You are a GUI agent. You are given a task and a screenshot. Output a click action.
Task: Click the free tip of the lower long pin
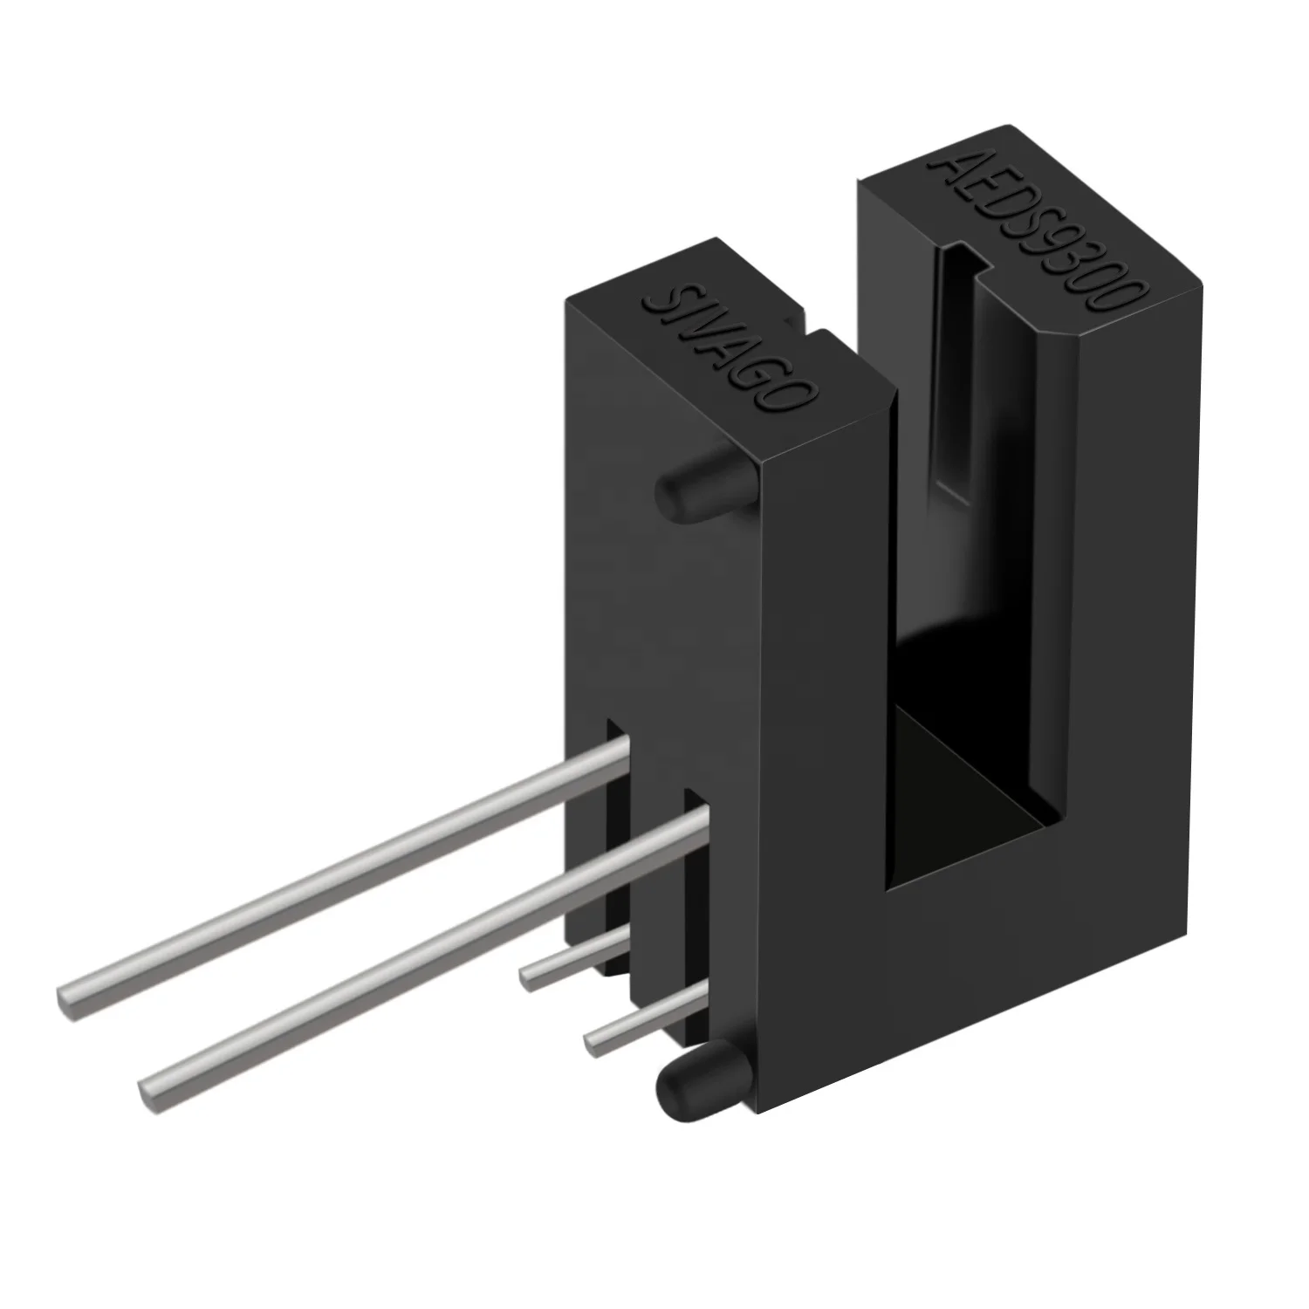(148, 1091)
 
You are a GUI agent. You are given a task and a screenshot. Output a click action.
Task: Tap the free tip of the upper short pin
(527, 977)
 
